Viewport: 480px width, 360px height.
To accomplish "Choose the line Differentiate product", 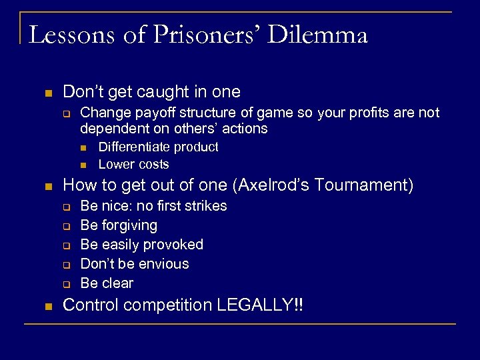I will coord(158,147).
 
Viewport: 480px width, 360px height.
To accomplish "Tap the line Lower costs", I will coord(133,164).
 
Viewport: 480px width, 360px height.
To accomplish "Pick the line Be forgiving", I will coord(119,225).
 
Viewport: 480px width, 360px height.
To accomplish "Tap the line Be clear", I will coord(107,283).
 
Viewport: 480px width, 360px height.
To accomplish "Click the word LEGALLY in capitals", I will coord(257,305).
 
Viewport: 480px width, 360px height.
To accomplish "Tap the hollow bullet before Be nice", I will coord(67,207).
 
